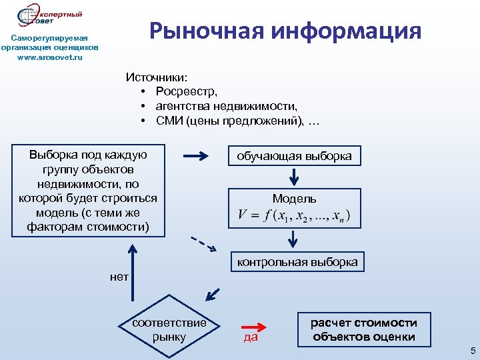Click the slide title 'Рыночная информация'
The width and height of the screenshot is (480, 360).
285,31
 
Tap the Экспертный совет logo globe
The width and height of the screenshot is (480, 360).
29,16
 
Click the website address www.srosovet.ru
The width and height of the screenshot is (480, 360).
50,57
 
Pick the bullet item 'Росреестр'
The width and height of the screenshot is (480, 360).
187,91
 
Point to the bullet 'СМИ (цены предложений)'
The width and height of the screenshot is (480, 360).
231,120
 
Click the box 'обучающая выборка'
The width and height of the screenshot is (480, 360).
295,157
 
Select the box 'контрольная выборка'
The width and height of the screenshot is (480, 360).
297,262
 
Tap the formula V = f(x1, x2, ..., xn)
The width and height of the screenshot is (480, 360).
294,217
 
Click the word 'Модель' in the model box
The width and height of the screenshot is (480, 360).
294,199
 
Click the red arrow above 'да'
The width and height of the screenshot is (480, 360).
253,327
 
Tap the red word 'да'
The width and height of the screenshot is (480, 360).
251,338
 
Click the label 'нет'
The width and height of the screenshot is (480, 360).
119,275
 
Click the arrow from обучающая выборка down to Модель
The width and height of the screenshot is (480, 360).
294,177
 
